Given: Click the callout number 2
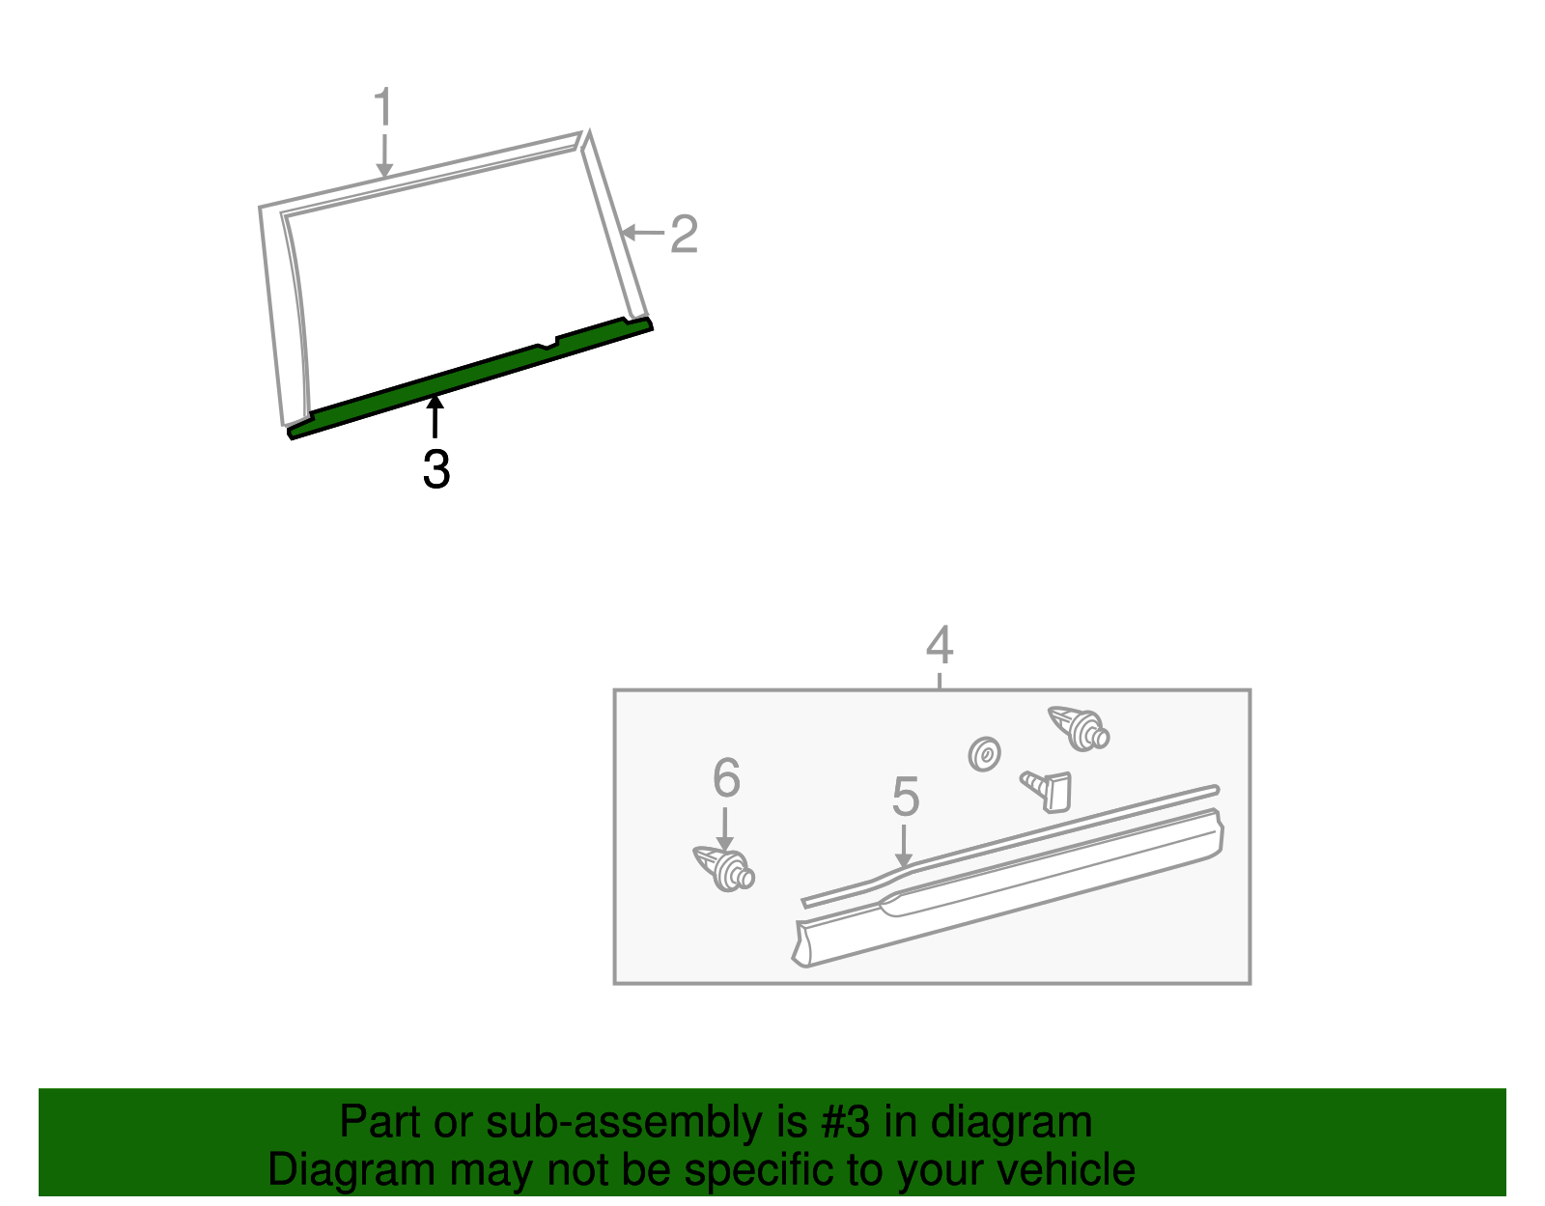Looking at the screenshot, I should pyautogui.click(x=684, y=235).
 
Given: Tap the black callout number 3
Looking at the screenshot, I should pyautogui.click(x=436, y=470).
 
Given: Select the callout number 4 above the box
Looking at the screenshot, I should pyautogui.click(x=939, y=645).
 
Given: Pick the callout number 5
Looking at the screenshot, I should pyautogui.click(x=905, y=797).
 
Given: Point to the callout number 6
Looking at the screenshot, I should pyautogui.click(x=726, y=777).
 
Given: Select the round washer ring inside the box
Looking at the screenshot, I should pyautogui.click(x=984, y=754).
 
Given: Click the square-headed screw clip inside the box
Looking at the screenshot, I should pyautogui.click(x=1049, y=789).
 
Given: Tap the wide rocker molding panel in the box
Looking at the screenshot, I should pyautogui.click(x=1004, y=888).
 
